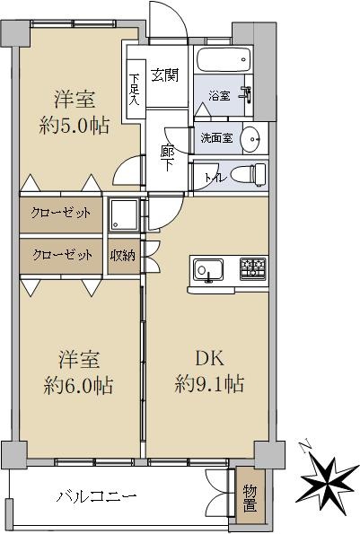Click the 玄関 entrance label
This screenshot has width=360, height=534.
click(x=165, y=74)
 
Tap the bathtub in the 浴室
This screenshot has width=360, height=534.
click(x=224, y=59)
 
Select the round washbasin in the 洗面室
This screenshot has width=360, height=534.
click(x=250, y=139)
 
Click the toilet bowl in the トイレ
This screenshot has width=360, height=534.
click(x=248, y=175)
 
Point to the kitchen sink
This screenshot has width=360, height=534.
click(x=208, y=270)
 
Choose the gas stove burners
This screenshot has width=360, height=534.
click(x=252, y=268)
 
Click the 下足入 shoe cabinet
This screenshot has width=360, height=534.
click(x=136, y=89)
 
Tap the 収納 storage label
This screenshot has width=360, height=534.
click(x=123, y=256)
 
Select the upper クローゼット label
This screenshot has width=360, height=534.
click(x=61, y=214)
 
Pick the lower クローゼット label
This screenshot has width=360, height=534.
click(x=62, y=255)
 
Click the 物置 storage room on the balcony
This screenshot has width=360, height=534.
click(x=250, y=497)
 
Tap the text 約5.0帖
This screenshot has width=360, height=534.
click(x=75, y=126)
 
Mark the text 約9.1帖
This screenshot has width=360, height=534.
click(x=209, y=384)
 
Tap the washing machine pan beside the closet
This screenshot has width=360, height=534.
click(x=123, y=215)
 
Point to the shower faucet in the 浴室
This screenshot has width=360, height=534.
click(x=247, y=93)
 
